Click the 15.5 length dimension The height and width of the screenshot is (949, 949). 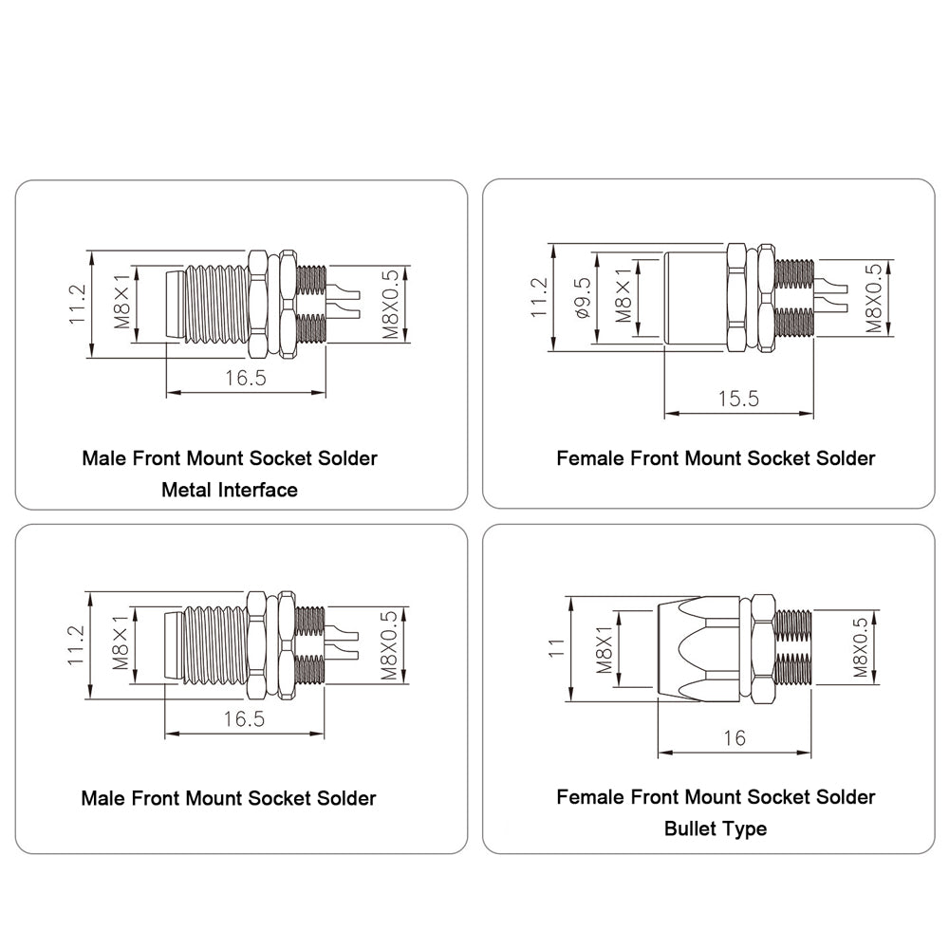pos(738,399)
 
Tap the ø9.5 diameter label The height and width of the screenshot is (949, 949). pos(583,298)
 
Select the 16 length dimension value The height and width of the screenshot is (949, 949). pos(735,737)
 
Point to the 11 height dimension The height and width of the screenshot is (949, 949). pos(555,648)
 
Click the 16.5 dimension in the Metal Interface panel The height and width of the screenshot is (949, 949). pos(246,379)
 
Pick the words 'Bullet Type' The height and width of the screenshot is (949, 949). pos(716,828)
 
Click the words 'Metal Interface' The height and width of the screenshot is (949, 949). pos(230,490)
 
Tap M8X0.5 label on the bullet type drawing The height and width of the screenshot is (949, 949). pos(860,647)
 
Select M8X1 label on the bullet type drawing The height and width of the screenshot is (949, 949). pos(605,649)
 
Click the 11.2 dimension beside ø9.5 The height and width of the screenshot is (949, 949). pos(539,297)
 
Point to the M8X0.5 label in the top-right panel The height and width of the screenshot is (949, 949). pos(873,298)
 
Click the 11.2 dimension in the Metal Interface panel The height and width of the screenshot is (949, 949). pos(78,304)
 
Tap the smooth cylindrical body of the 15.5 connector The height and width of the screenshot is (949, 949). pos(696,301)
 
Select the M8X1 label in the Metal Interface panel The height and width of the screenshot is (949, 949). pos(121,301)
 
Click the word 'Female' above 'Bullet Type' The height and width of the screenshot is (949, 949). pos(590,797)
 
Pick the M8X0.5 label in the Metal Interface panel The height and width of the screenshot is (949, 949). pos(390,304)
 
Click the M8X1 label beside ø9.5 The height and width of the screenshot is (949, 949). pos(623,295)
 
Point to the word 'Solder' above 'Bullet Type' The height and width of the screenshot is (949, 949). pos(845,797)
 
